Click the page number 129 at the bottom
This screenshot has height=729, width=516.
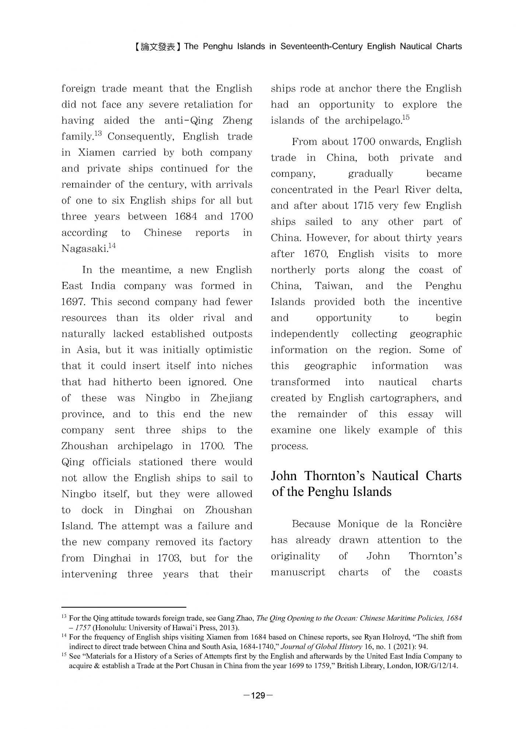tap(258, 695)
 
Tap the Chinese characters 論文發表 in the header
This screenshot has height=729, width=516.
tap(157, 47)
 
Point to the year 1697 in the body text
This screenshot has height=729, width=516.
tap(73, 302)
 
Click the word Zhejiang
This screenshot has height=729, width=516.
tap(231, 398)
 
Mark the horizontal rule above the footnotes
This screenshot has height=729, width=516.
tap(123, 607)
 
